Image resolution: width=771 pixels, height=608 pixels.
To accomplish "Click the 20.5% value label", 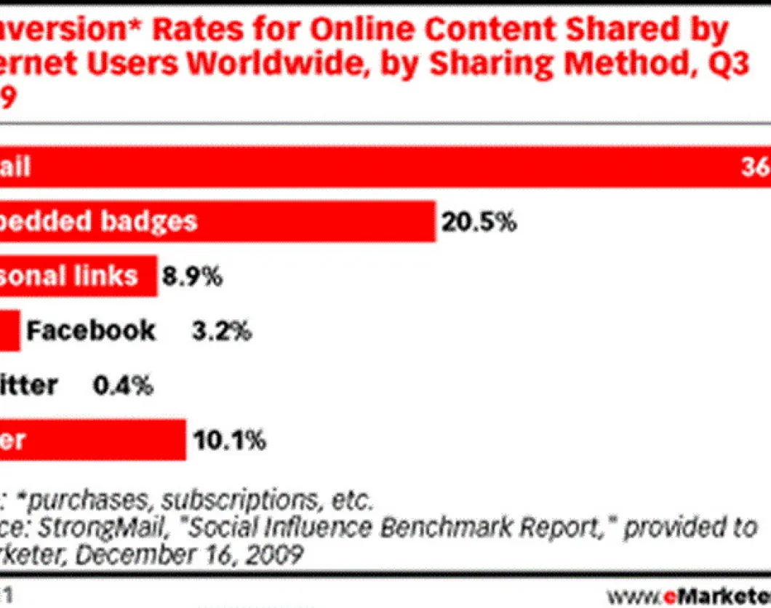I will [476, 222].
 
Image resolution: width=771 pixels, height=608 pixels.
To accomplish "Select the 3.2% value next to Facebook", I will [221, 331].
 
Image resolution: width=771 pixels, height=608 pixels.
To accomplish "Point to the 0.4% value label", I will [123, 385].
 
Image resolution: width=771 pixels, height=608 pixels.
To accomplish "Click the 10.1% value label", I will [228, 440].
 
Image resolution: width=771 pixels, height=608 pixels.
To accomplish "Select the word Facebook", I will [91, 330].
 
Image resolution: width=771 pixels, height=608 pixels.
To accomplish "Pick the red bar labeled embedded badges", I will [218, 222].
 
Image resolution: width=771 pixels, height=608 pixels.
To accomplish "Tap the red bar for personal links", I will [79, 276].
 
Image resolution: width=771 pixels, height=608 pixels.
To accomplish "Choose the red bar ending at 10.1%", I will [93, 440].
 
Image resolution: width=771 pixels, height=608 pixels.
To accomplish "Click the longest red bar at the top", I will [385, 167].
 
